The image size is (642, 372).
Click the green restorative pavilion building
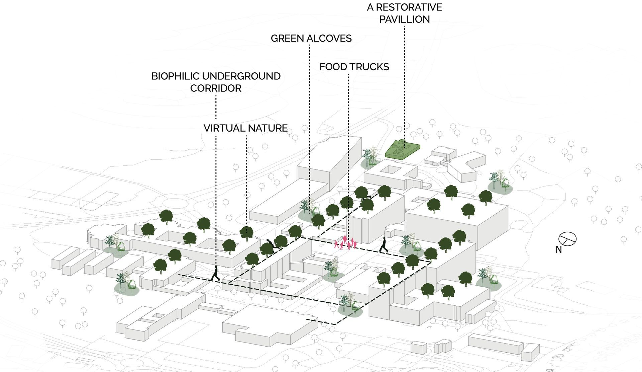402,149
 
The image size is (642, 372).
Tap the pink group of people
345,243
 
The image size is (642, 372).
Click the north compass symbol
567,238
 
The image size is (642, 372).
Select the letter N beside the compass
558,250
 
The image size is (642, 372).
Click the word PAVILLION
405,19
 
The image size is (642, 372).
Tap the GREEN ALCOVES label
311,39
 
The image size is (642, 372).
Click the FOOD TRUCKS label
354,67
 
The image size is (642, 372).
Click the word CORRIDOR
216,88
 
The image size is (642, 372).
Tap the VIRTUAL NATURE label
246,128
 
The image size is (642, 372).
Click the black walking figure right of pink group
384,245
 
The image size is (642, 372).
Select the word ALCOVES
330,39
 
